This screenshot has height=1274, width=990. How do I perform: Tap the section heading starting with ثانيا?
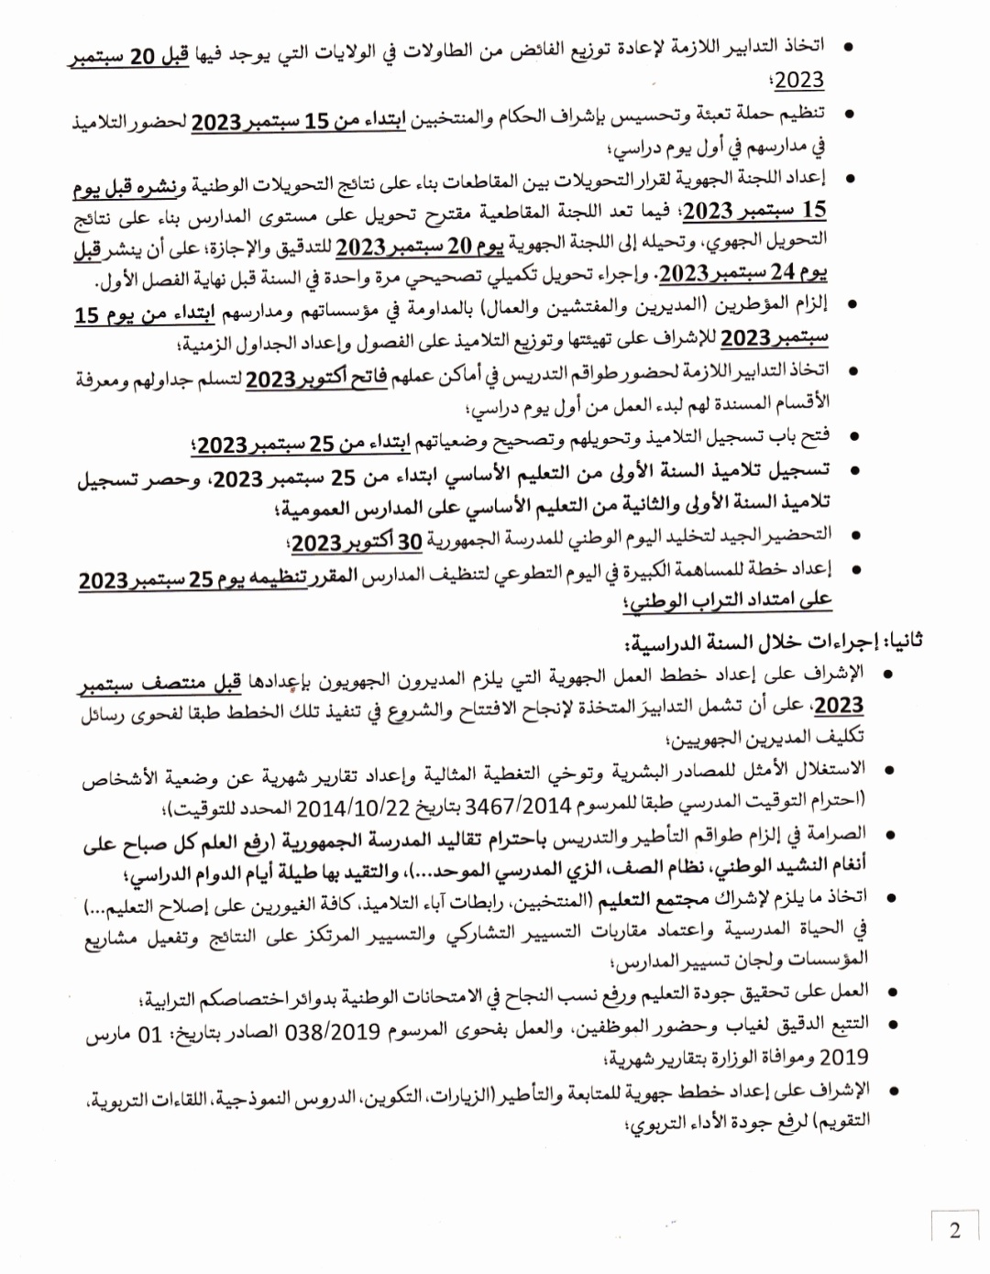coord(775,641)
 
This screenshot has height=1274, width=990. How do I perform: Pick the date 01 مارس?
coord(124,1034)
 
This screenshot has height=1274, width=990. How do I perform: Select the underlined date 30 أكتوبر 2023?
coord(357,542)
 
